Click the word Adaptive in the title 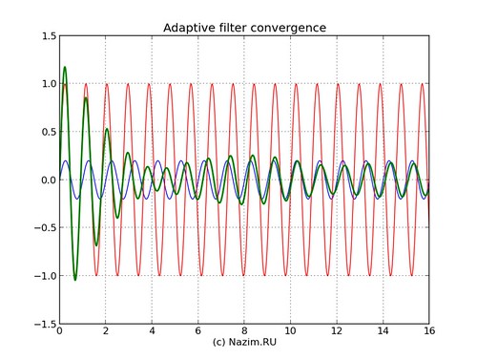191,27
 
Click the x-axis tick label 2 106,332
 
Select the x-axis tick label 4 152,332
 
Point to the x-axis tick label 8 244,332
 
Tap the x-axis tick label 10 290,332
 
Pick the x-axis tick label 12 337,332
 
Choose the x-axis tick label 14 383,332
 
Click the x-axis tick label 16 428,332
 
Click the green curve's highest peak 65,68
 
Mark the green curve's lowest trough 75,280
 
